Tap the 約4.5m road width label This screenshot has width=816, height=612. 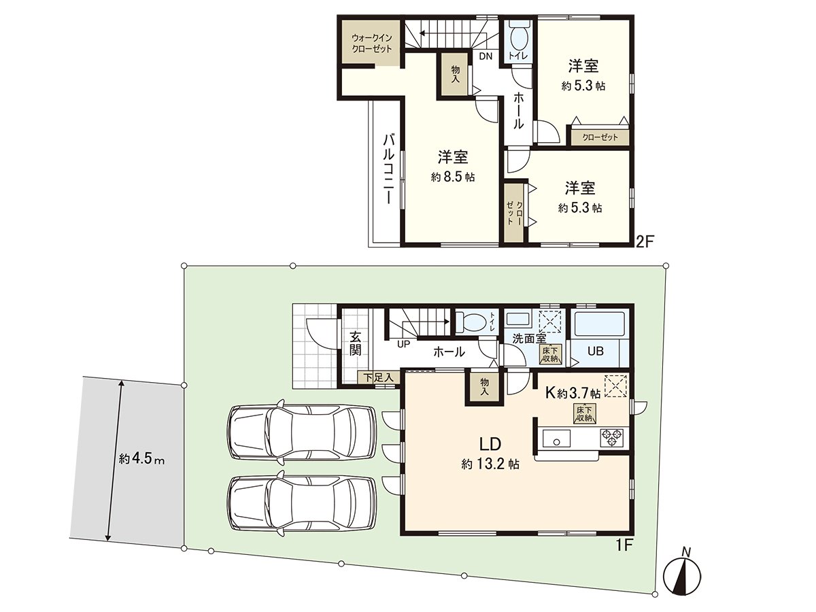[x=141, y=459]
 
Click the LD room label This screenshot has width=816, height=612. [x=490, y=445]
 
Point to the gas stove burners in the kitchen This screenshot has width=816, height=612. [x=610, y=437]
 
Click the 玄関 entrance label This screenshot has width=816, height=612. [x=355, y=344]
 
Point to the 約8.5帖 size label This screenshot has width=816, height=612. [x=452, y=177]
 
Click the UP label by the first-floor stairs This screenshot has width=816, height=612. [x=403, y=344]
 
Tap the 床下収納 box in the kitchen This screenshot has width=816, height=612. [x=583, y=413]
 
